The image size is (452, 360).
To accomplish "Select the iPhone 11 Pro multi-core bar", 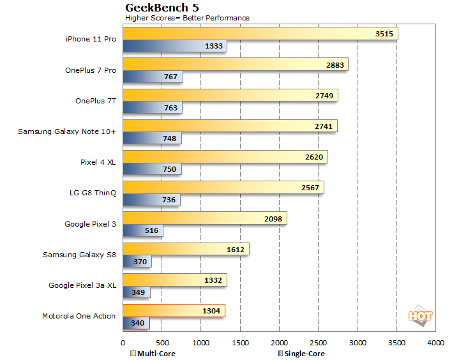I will coord(260,33).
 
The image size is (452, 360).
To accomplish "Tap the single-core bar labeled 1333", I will coord(174,46).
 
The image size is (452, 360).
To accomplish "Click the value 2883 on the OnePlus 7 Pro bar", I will coord(335,64).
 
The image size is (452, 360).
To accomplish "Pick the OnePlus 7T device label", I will coord(95,101).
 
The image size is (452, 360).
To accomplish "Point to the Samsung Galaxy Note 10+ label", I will coord(66,131).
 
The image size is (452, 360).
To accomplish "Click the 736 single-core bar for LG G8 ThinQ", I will coord(151,200).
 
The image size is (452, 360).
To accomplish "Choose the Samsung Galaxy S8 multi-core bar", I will coord(186,250).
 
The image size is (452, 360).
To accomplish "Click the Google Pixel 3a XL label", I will coord(82,285).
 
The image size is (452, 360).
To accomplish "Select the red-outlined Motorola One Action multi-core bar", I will coord(174,310).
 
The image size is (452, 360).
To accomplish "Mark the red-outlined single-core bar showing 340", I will coord(136,324).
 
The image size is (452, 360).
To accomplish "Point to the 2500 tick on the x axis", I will coord(319,343).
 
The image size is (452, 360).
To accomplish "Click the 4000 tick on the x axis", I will coord(436,343).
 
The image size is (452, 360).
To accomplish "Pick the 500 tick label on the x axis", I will coord(162,343).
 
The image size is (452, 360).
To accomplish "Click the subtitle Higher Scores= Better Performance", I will coord(187,18).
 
